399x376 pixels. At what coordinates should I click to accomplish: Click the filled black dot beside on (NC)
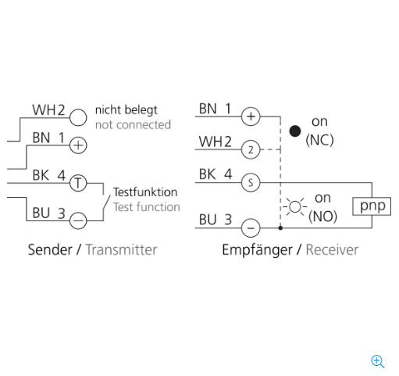click(x=295, y=131)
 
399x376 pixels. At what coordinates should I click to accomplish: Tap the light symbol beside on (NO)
click(x=295, y=207)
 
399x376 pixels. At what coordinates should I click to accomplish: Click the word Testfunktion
click(x=145, y=192)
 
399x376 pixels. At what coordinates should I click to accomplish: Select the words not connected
click(x=133, y=125)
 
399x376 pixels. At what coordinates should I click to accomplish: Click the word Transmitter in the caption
click(x=122, y=249)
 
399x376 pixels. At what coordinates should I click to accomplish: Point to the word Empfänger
click(x=257, y=250)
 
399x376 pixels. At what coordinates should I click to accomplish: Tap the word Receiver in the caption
click(x=332, y=249)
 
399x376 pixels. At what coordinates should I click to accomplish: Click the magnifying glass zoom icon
click(x=378, y=362)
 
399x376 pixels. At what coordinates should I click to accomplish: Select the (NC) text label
click(x=319, y=141)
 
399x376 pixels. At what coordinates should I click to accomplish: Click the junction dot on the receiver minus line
click(x=280, y=228)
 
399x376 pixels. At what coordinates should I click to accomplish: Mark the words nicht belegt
click(x=126, y=110)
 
